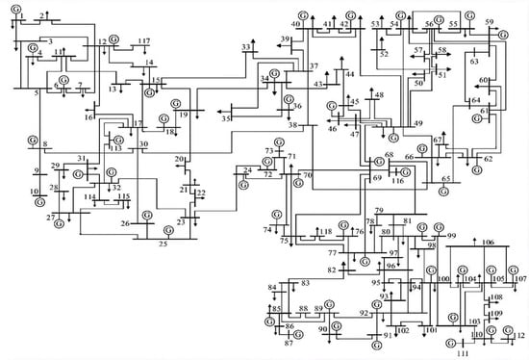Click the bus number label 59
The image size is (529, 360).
491,22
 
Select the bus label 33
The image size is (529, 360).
247,46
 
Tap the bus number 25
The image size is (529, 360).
163,244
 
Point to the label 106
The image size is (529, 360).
489,243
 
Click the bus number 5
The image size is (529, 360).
37,93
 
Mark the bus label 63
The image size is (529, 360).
474,62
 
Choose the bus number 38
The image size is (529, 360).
294,126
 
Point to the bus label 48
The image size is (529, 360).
379,95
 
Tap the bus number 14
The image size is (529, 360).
149,63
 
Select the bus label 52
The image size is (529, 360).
384,55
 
